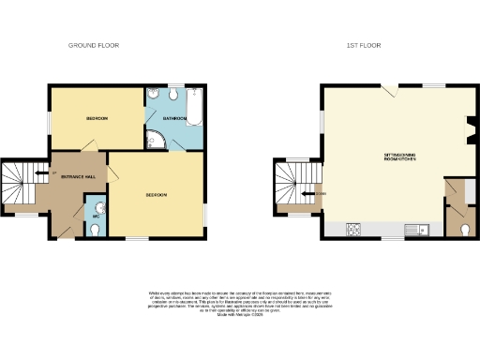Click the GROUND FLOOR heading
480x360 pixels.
tap(93, 45)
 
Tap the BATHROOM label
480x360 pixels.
tap(174, 119)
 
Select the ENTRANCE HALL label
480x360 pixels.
tap(77, 177)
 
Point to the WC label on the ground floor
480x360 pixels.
tap(96, 217)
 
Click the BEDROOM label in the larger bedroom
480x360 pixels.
tap(156, 195)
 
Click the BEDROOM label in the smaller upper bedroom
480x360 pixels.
tap(97, 119)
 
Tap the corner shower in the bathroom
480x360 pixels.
tap(156, 141)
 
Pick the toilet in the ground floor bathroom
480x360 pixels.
tap(152, 94)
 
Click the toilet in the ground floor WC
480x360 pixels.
tap(90, 230)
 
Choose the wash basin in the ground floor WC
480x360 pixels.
tap(100, 204)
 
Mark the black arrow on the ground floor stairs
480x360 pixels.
tap(38, 172)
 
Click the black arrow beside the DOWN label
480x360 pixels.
tap(308, 194)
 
